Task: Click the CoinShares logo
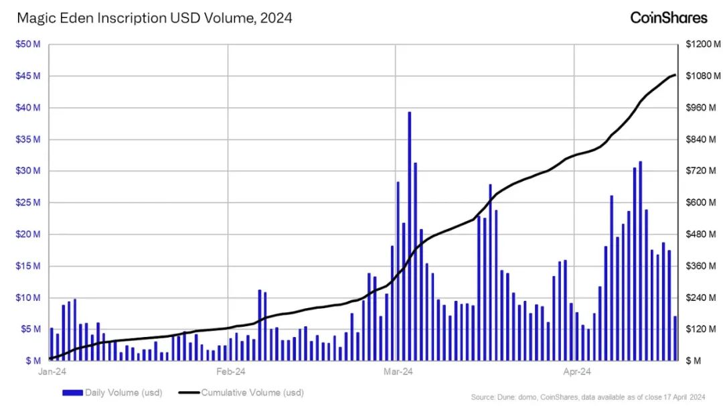(x=668, y=17)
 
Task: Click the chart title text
(x=154, y=18)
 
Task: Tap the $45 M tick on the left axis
(x=27, y=76)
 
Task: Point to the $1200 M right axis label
(x=702, y=44)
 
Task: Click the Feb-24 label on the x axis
(x=230, y=371)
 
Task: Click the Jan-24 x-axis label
(x=53, y=371)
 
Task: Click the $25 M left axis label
(x=27, y=202)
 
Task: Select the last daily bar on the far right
(x=675, y=338)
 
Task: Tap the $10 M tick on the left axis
(x=27, y=297)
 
